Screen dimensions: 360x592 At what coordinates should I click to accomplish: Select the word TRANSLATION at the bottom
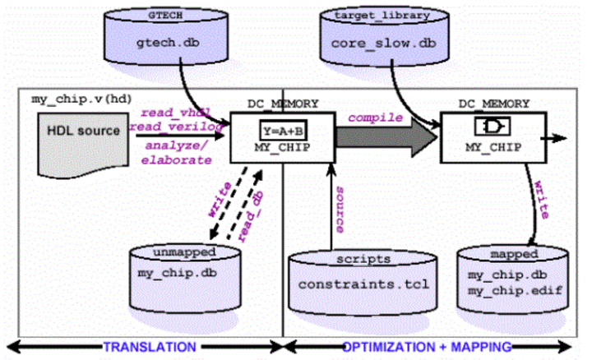coord(149,348)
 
